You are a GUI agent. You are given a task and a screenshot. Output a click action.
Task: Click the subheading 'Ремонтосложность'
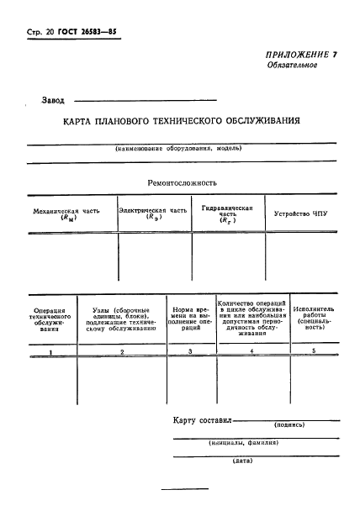[183, 182]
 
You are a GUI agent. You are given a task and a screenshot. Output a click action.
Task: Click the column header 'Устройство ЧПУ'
[300, 213]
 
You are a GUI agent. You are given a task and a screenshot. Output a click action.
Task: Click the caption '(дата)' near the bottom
[244, 461]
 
